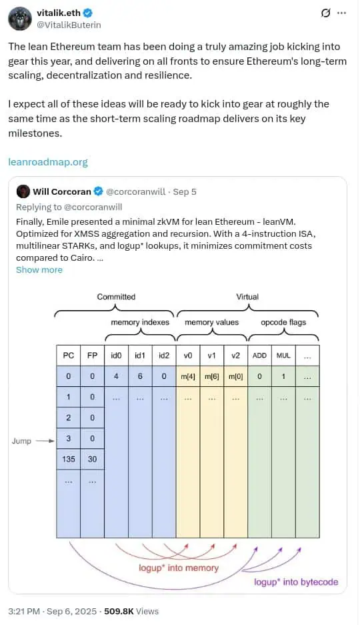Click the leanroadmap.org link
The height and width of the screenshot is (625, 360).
(x=48, y=162)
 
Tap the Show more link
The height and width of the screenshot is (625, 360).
(x=39, y=270)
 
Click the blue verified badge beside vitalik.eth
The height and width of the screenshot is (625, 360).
(x=88, y=13)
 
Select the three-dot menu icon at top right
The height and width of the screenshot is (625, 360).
(x=342, y=13)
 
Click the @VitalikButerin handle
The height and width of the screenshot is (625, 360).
(x=69, y=25)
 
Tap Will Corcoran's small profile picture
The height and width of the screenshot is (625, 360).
(x=23, y=191)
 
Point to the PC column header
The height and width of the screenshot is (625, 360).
(x=69, y=355)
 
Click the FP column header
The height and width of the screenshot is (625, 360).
(x=93, y=355)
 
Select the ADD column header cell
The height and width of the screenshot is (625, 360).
(x=259, y=355)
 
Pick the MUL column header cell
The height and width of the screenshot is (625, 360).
(x=283, y=355)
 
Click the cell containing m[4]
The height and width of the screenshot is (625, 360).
(x=188, y=376)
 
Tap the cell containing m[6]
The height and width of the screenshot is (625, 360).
(x=212, y=376)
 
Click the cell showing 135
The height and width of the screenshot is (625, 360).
(x=69, y=459)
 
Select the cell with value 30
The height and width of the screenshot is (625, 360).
(x=93, y=459)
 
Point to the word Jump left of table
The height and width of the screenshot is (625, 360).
(x=21, y=441)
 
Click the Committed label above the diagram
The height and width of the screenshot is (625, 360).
(x=116, y=297)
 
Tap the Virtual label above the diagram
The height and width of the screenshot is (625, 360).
(x=247, y=297)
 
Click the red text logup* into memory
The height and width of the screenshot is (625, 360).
(x=179, y=568)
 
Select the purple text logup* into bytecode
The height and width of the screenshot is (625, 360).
(x=296, y=582)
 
